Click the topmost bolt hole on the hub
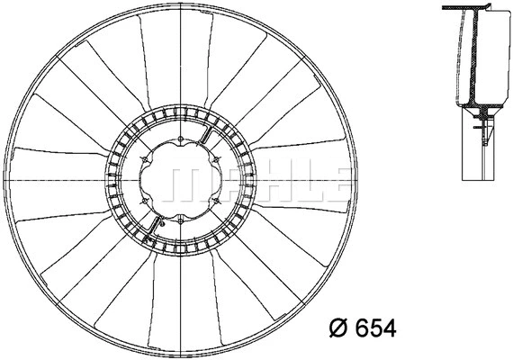180,140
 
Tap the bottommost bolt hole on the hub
180,220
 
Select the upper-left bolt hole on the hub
146,160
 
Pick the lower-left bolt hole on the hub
146,200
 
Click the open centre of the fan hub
180,180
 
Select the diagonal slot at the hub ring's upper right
206,138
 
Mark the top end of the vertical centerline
180,7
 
